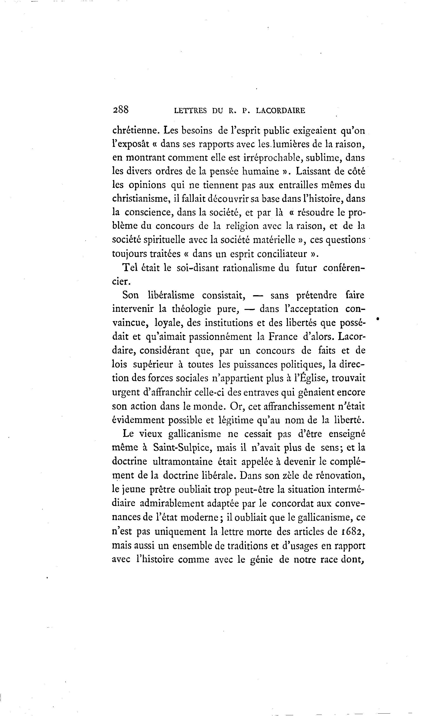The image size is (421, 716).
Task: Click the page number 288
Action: (x=121, y=110)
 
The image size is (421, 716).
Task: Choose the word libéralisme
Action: (x=171, y=295)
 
